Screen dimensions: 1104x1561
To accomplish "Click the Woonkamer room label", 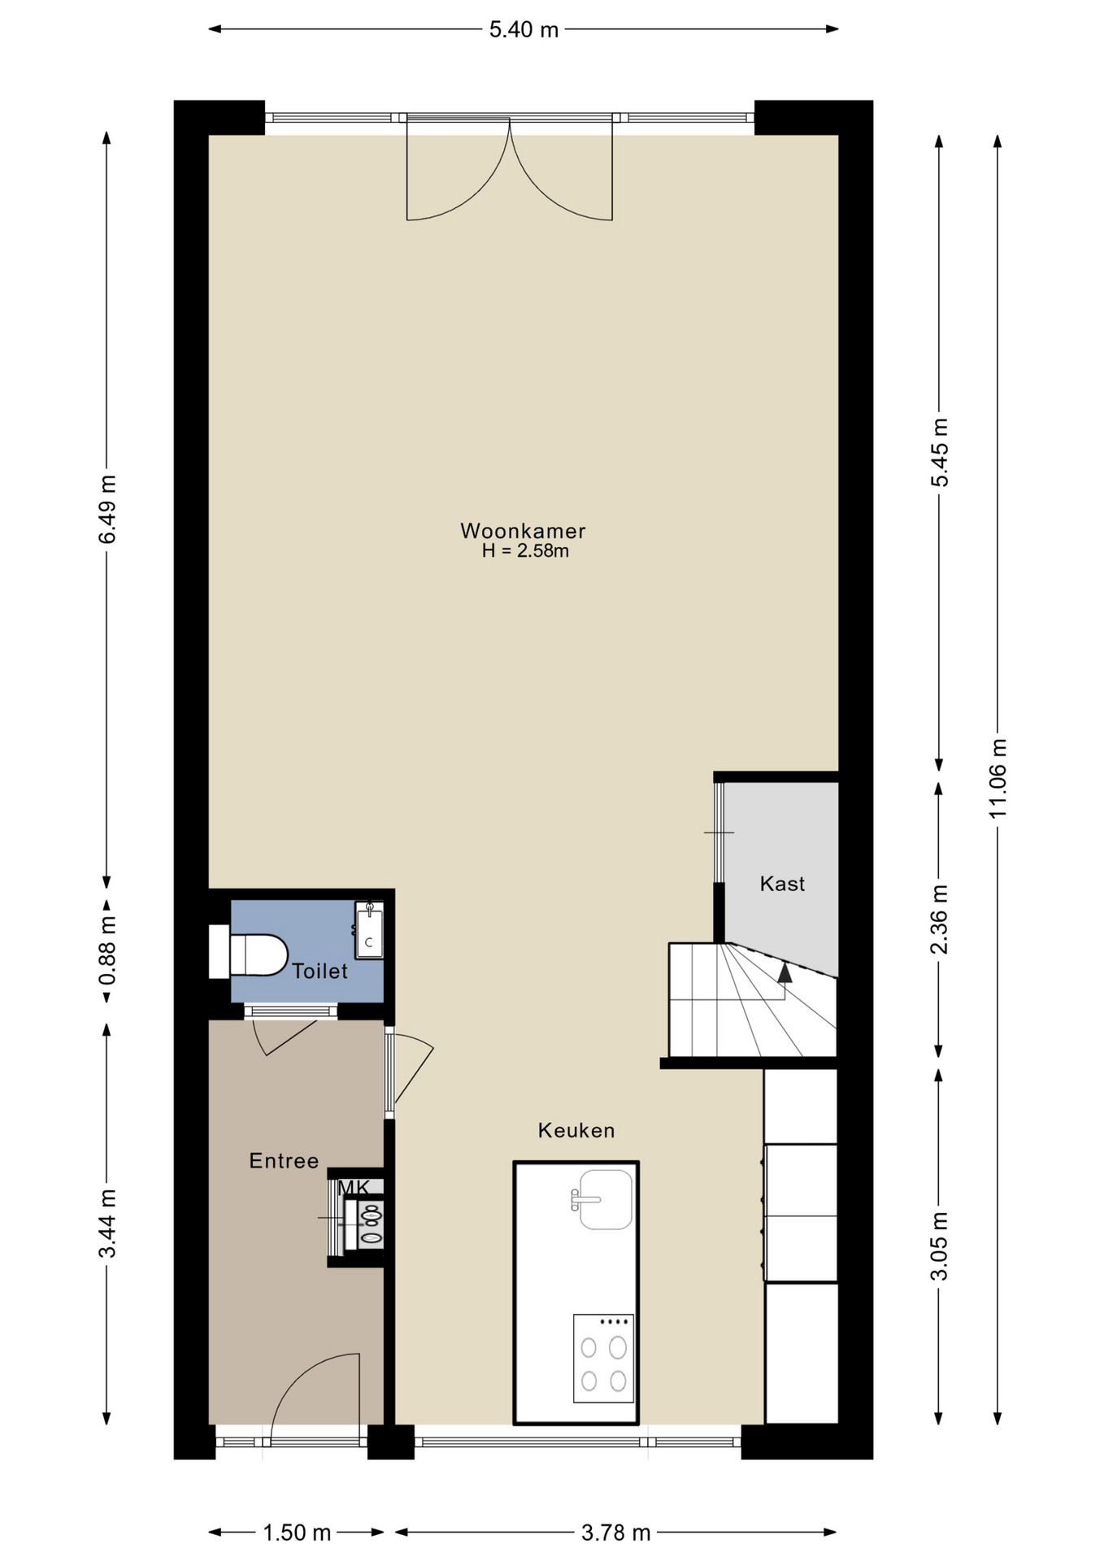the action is pyautogui.click(x=523, y=531).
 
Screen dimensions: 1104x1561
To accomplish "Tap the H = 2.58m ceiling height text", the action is pyautogui.click(x=525, y=551).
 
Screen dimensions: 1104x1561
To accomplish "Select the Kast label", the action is pyautogui.click(x=782, y=884).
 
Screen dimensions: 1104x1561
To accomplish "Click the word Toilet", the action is pyautogui.click(x=319, y=971).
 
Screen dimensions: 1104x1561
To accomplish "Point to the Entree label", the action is pyautogui.click(x=284, y=1161).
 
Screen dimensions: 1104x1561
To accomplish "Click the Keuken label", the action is pyautogui.click(x=576, y=1130).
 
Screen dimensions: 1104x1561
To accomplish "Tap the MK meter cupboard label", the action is pyautogui.click(x=354, y=1187).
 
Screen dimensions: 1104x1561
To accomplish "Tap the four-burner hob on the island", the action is pyautogui.click(x=603, y=1359).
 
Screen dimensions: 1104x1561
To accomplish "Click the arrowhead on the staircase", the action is pyautogui.click(x=785, y=972).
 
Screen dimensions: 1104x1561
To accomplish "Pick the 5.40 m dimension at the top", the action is pyautogui.click(x=524, y=30).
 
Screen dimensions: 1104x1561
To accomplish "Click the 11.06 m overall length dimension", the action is pyautogui.click(x=998, y=778).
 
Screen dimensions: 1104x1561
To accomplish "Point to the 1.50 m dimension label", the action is pyautogui.click(x=297, y=1533).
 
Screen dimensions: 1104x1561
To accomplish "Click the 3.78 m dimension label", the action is pyautogui.click(x=615, y=1533).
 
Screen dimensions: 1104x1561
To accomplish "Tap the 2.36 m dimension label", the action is pyautogui.click(x=939, y=920).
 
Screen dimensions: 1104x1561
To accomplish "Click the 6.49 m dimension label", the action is pyautogui.click(x=107, y=510).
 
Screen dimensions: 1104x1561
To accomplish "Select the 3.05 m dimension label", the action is pyautogui.click(x=939, y=1246).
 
